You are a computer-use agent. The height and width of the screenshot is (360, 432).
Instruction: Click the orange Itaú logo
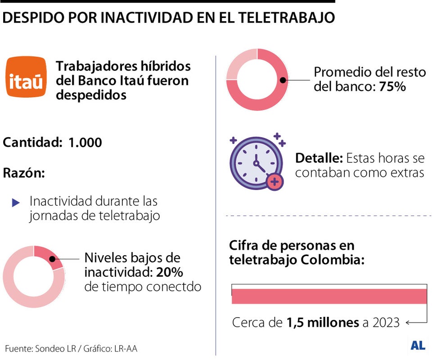[x=26, y=77]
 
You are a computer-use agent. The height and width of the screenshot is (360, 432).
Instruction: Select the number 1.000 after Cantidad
[x=85, y=143]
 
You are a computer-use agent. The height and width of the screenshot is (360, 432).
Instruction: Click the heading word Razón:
[x=24, y=173]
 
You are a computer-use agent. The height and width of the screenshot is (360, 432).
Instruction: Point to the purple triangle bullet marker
[x=16, y=203]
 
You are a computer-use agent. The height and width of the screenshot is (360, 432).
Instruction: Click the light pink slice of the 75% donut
[x=238, y=66]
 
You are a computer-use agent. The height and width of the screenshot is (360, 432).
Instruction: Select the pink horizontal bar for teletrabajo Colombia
[x=328, y=296]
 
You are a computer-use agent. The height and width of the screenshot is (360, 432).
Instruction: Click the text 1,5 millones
[x=323, y=323]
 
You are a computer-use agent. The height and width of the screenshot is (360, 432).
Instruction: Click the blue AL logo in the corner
[x=418, y=346]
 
